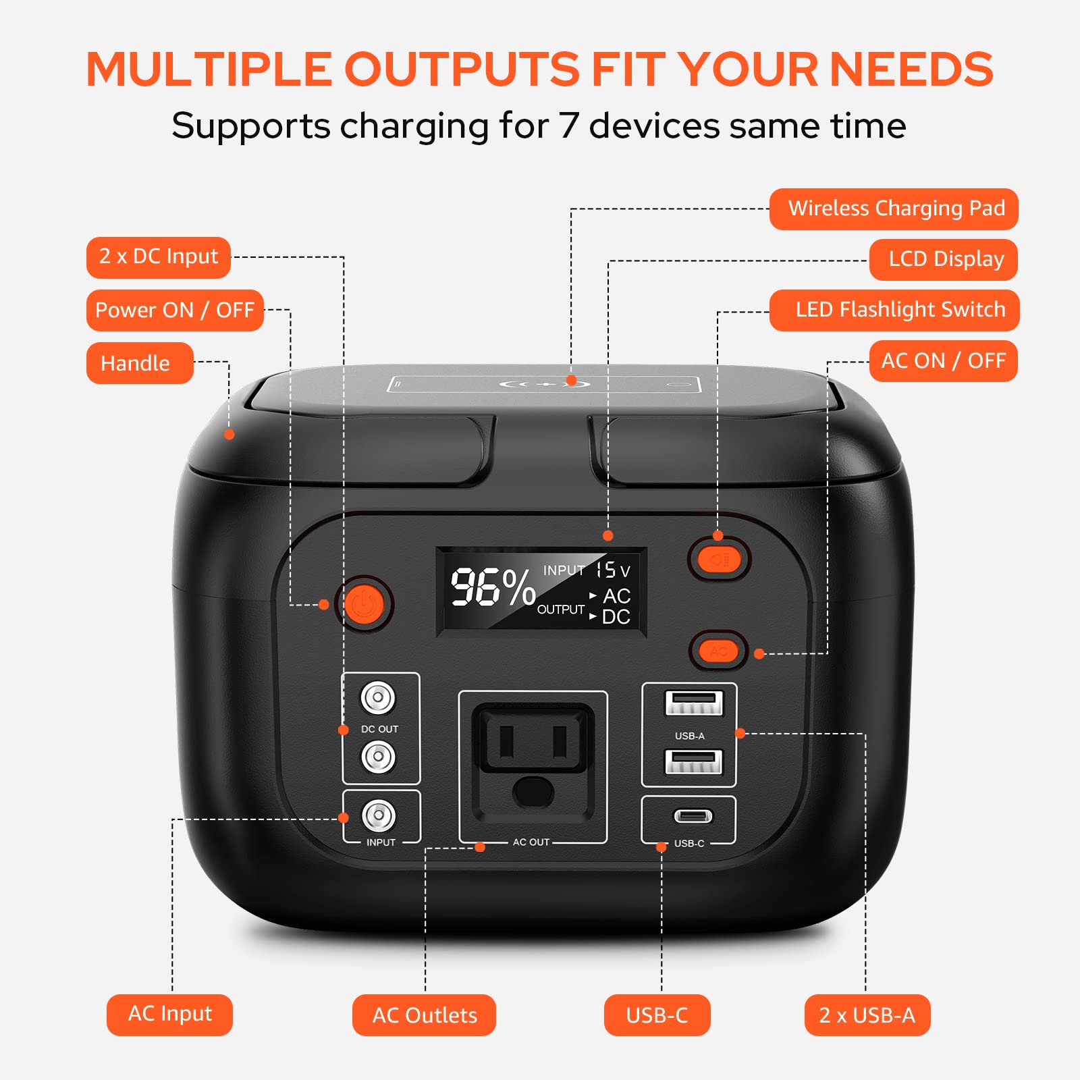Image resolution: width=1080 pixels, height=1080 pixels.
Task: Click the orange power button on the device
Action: [364, 603]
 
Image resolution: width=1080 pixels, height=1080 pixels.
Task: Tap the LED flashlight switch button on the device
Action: [720, 560]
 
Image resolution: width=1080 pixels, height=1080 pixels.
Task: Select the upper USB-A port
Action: [693, 703]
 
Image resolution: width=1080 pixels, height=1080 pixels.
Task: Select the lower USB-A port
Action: [693, 762]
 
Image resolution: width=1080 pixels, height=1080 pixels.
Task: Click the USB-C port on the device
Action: [693, 816]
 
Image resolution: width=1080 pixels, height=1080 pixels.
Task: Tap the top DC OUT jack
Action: [378, 697]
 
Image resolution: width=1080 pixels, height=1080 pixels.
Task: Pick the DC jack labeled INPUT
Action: [379, 815]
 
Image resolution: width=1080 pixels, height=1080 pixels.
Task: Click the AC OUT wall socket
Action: [533, 756]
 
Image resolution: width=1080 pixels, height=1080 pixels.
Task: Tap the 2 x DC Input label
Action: [159, 257]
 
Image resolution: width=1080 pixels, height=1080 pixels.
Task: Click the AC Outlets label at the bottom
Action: [424, 1015]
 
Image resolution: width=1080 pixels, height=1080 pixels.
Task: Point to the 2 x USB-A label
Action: [867, 1015]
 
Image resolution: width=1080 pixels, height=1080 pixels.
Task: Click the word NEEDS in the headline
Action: [911, 70]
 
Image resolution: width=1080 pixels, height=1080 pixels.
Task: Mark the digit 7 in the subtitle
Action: [568, 126]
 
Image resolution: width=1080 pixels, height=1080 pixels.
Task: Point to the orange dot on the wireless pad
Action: [571, 381]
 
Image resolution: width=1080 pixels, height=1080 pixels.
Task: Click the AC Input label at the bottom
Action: [169, 1015]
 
